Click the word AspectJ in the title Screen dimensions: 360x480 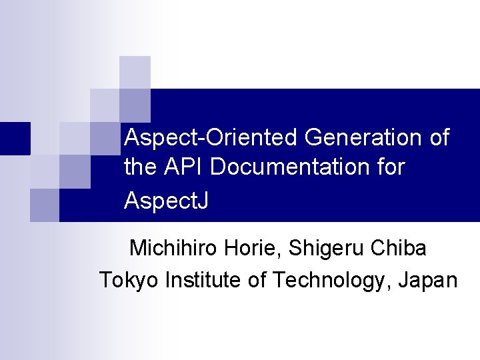[x=166, y=200]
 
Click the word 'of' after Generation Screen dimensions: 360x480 [x=439, y=138]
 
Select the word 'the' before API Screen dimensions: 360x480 [x=138, y=167]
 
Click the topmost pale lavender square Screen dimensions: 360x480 [x=135, y=72]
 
